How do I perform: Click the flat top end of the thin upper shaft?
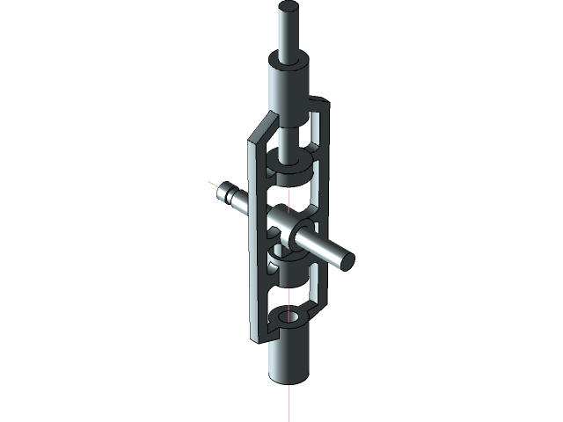[x=289, y=8]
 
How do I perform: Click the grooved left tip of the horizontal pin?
[x=227, y=190]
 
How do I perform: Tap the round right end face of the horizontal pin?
[x=347, y=259]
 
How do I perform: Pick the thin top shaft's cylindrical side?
[x=289, y=35]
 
